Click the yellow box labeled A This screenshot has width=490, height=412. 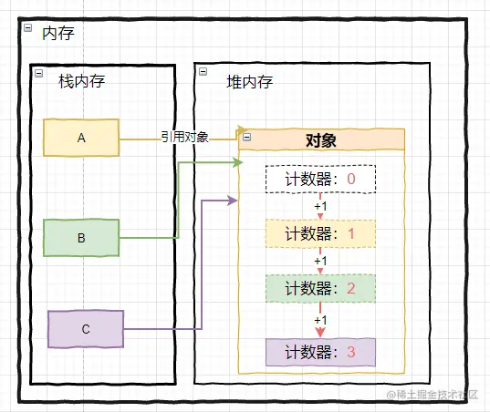80,138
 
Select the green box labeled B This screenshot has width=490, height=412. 80,238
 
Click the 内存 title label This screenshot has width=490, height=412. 57,34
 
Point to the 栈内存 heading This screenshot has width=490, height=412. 81,81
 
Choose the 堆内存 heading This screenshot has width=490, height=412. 249,81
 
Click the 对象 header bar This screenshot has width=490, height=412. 321,139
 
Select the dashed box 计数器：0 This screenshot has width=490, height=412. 320,180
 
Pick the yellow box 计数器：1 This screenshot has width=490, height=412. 320,233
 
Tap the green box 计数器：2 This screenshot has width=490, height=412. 320,288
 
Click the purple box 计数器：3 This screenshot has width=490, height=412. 320,352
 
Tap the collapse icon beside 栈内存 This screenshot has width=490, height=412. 37,74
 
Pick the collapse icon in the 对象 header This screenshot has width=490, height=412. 246,139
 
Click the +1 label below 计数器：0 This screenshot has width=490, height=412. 320,207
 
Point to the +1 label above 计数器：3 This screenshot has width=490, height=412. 320,320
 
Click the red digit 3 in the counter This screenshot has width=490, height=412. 351,352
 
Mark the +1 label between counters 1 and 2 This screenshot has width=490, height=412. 320,262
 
